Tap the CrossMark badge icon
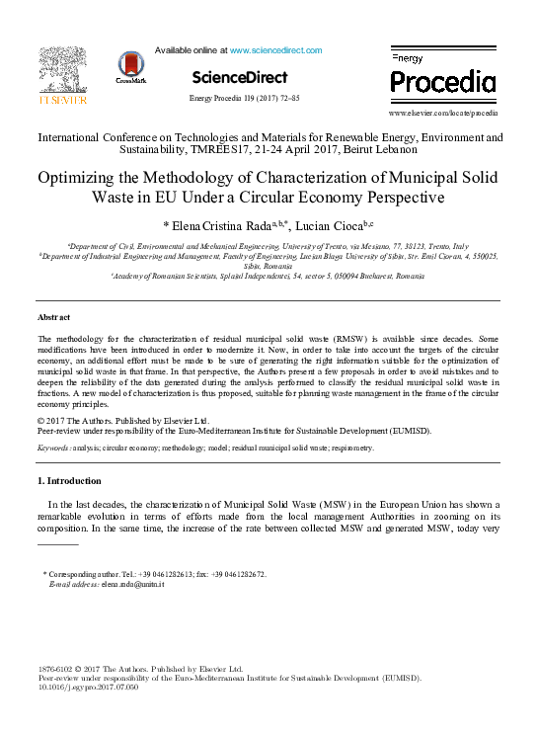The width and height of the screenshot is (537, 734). [129, 66]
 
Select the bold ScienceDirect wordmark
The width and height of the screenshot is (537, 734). [240, 77]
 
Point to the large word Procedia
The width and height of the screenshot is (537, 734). [443, 81]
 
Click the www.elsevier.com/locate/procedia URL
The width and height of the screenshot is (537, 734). [442, 114]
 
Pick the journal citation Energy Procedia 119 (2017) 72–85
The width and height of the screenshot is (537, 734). [244, 99]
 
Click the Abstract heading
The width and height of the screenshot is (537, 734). [53, 317]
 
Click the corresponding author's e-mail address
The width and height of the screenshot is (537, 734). [130, 584]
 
